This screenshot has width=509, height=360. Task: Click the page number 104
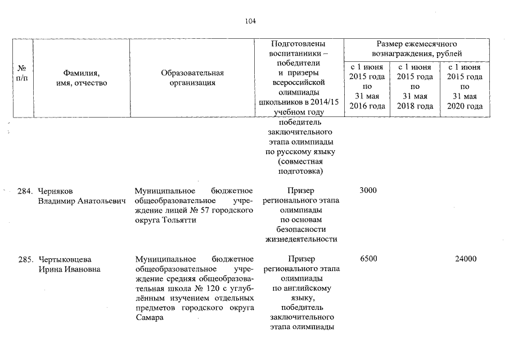[x=250, y=21]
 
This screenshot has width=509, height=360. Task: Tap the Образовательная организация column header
[x=192, y=78]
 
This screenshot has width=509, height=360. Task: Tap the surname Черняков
[x=56, y=191]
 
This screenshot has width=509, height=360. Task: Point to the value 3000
[x=368, y=191]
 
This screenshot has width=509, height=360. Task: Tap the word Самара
[x=149, y=317]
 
